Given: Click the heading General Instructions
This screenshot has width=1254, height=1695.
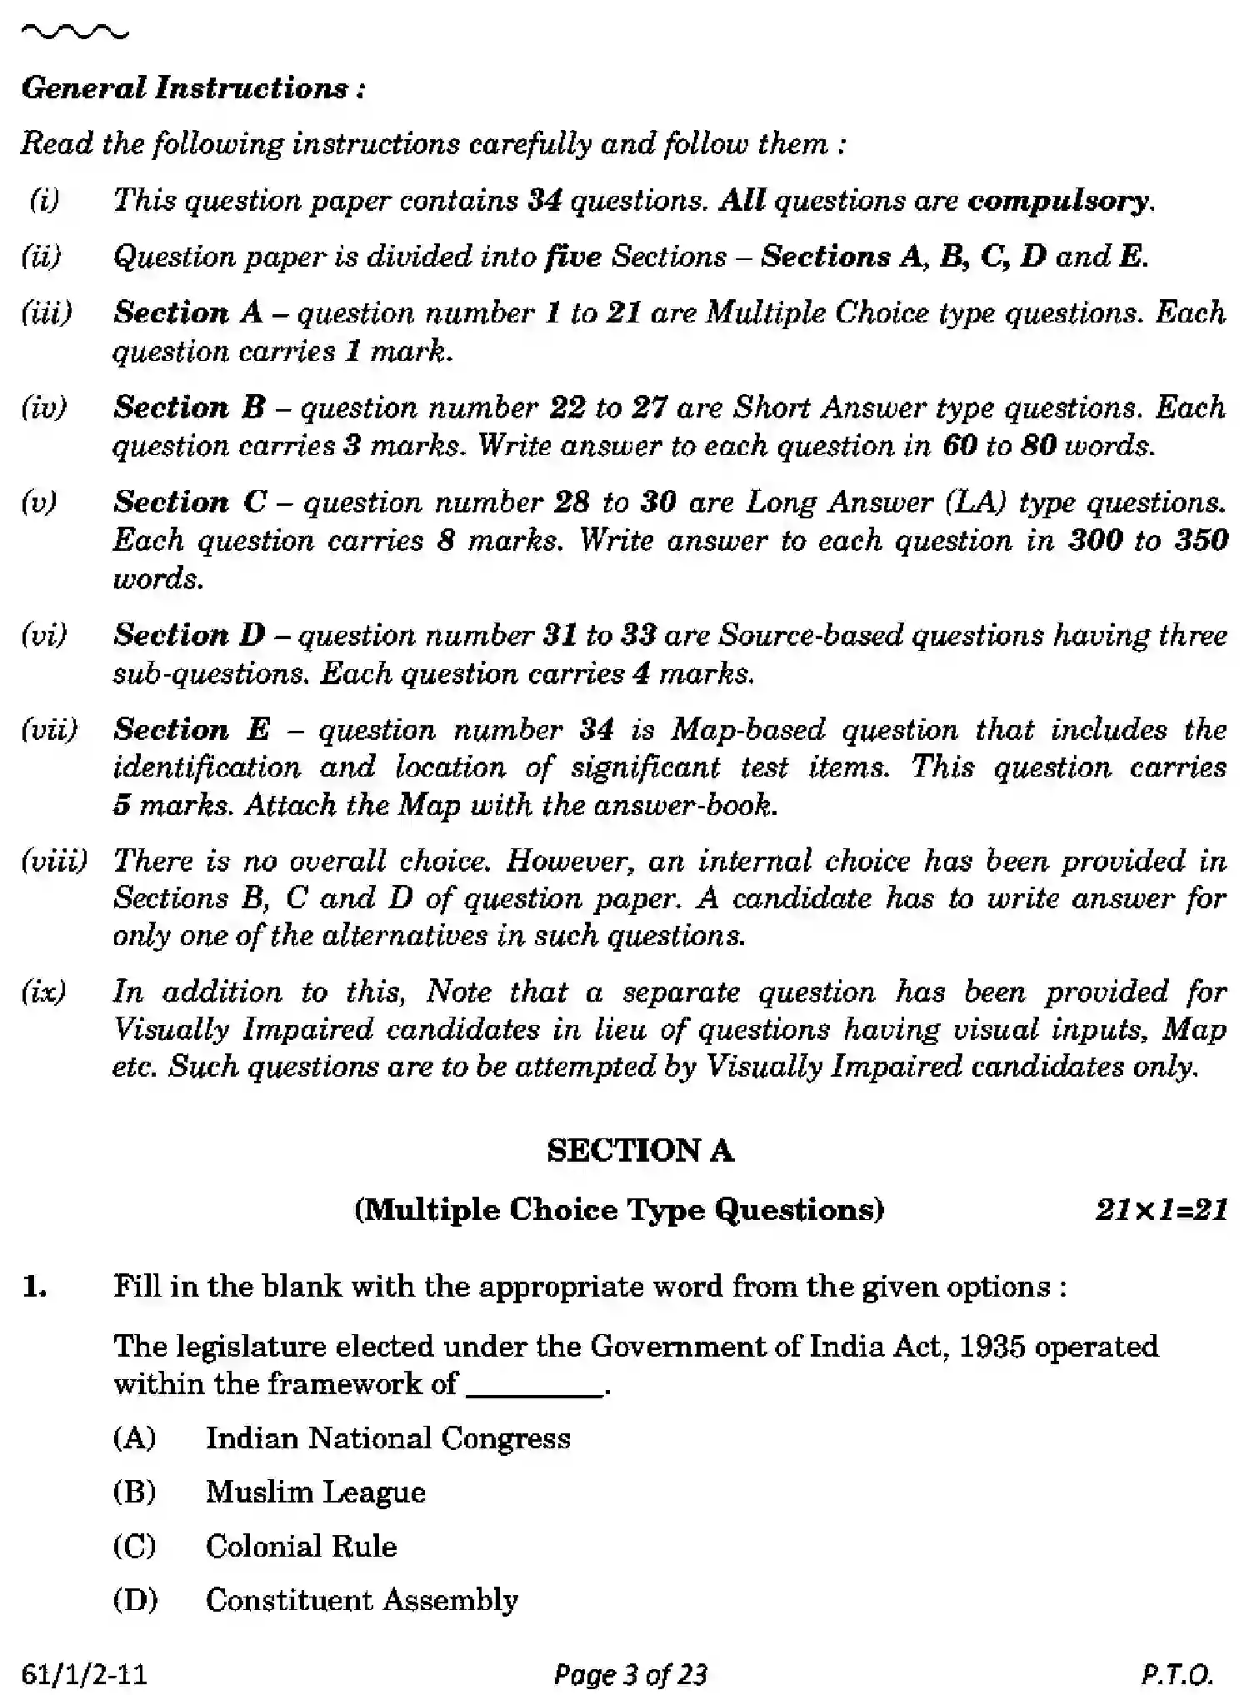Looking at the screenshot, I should point(192,88).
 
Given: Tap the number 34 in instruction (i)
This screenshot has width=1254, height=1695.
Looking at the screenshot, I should point(545,200).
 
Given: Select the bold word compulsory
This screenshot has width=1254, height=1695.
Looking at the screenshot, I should point(1059,201).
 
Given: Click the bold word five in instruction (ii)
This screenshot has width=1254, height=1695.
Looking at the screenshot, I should point(572,257).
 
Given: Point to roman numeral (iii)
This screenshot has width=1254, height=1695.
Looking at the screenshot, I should point(47,312).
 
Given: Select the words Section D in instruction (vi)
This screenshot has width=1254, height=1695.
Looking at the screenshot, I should point(189,635).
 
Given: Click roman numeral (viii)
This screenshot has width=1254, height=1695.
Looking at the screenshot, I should point(53,860).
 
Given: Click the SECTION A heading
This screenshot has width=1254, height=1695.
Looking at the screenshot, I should point(640,1151).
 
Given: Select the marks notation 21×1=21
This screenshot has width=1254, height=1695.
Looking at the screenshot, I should point(1161,1209).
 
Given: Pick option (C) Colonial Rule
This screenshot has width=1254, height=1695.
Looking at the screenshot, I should point(301,1547).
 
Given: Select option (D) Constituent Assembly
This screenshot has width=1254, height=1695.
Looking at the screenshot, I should point(362,1600).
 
